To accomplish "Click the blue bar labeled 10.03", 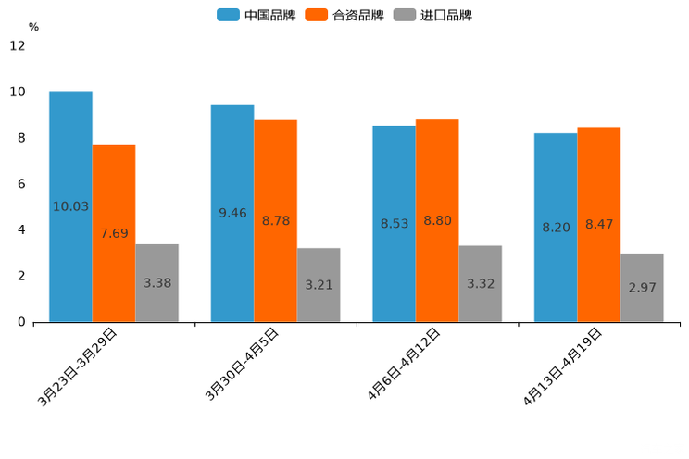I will pyautogui.click(x=70, y=206).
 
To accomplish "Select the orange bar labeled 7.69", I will pyautogui.click(x=114, y=233).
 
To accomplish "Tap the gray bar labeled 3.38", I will pyautogui.click(x=157, y=283).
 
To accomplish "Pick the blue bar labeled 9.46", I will pyautogui.click(x=232, y=213).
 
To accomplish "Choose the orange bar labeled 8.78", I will pyautogui.click(x=276, y=221).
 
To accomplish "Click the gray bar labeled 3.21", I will pyautogui.click(x=319, y=285).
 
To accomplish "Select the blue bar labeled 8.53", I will pyautogui.click(x=395, y=224).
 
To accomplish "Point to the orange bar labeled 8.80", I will pyautogui.click(x=437, y=220).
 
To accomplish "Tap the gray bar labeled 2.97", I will pyautogui.click(x=642, y=288).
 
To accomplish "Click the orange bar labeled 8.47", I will pyautogui.click(x=599, y=224).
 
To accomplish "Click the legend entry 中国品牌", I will pyautogui.click(x=256, y=15).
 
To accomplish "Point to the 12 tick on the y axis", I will pyautogui.click(x=18, y=45).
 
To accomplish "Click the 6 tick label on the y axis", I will pyautogui.click(x=21, y=184).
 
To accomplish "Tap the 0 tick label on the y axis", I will pyautogui.click(x=21, y=322).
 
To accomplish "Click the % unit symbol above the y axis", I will pyautogui.click(x=33, y=27).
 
